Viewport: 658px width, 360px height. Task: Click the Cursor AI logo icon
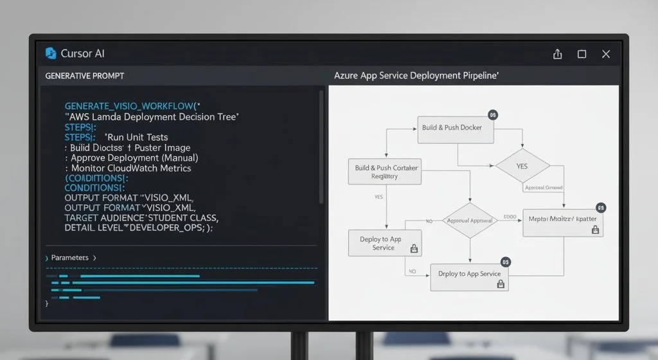pos(51,53)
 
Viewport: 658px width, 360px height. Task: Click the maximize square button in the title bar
pos(582,54)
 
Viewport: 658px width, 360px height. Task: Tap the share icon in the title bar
pos(557,54)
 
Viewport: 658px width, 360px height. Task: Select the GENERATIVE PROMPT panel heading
pos(84,76)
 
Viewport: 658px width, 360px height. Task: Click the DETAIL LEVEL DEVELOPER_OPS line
pos(138,228)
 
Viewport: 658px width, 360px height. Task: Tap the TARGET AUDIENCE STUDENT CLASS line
pos(141,218)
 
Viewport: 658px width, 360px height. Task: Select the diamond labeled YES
pos(521,166)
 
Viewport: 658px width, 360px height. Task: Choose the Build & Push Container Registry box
pos(386,172)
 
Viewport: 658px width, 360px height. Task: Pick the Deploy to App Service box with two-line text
pos(385,244)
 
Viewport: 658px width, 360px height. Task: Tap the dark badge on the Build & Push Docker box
pos(493,115)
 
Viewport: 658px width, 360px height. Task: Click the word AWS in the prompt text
pos(82,116)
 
